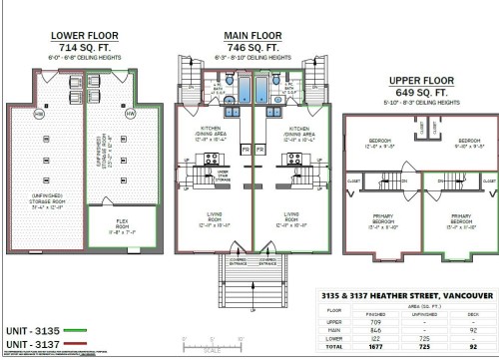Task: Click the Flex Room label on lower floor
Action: click(x=113, y=228)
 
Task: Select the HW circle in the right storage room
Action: click(x=131, y=114)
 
